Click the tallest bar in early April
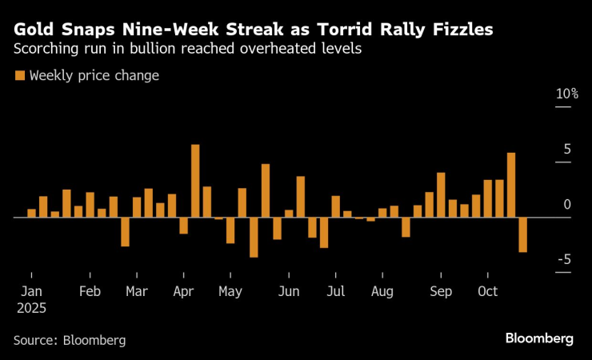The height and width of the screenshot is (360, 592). (x=195, y=181)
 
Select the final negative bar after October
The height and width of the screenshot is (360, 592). (x=523, y=234)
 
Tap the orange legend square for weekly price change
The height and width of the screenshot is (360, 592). (x=19, y=76)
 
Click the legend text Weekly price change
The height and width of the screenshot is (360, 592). (x=94, y=76)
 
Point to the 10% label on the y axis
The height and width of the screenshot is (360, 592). (x=567, y=94)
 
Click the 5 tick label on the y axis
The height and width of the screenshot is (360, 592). (x=567, y=150)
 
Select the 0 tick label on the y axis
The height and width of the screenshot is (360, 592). (x=567, y=205)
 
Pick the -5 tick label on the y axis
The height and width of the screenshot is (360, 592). (x=565, y=260)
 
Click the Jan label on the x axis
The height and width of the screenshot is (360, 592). (x=30, y=291)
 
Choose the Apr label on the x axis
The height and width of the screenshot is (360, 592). (x=183, y=291)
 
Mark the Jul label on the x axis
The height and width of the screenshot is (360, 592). (x=335, y=291)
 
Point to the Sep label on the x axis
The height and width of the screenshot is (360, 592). (x=440, y=291)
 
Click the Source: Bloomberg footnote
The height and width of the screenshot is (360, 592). (x=70, y=340)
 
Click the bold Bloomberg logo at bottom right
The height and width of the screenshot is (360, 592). (x=539, y=338)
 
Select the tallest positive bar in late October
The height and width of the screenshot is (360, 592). (x=511, y=185)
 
